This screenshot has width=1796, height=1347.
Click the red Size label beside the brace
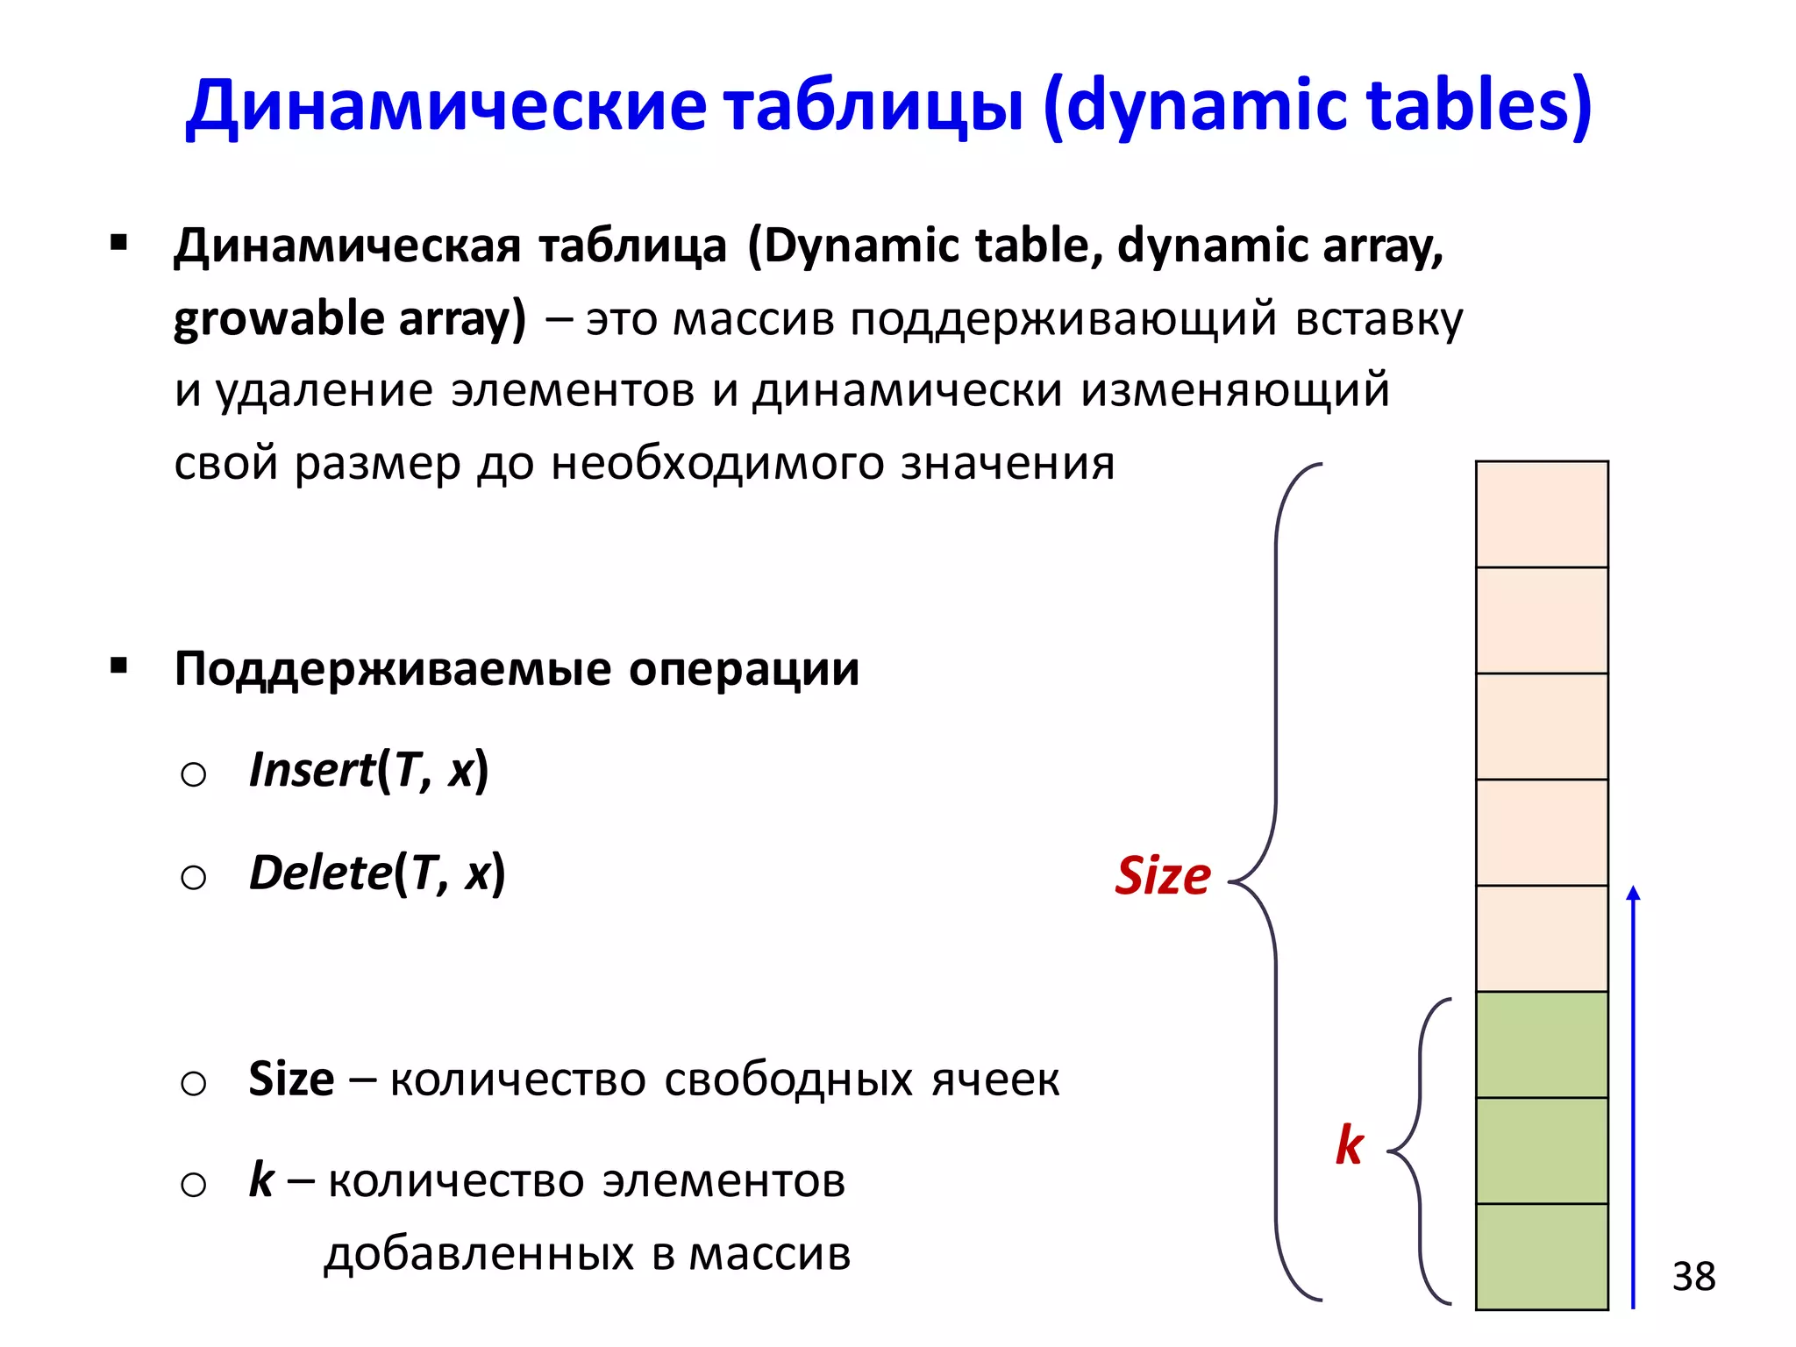pos(1162,876)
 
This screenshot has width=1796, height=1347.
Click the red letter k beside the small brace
pos(1349,1145)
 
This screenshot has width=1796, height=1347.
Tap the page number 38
pos(1693,1277)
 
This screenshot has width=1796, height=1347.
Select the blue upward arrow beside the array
pos(1633,1096)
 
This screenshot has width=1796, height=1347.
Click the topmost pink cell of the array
pos(1542,515)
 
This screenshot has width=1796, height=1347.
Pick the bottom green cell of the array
pos(1542,1257)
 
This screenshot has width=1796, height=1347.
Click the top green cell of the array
pos(1542,1044)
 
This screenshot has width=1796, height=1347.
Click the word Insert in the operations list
pos(311,771)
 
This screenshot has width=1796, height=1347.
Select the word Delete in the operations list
pos(320,873)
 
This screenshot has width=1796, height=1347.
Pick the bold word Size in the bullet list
pos(291,1080)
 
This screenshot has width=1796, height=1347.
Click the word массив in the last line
pos(769,1254)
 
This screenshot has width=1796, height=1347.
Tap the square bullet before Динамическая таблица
pos(119,243)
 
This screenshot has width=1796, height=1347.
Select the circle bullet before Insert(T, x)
pos(193,774)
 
